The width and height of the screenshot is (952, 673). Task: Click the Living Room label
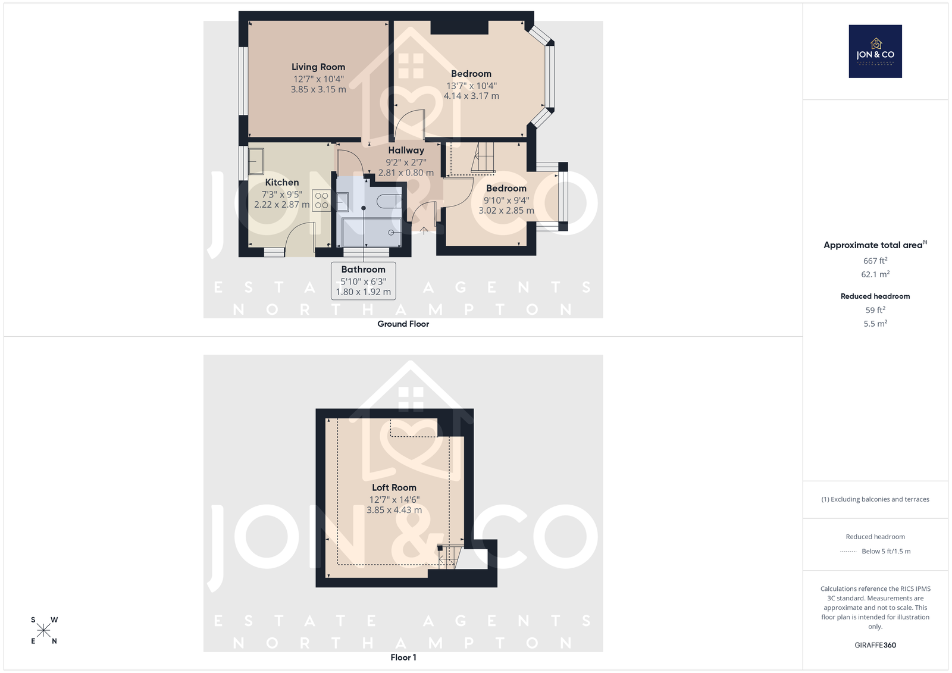pyautogui.click(x=318, y=67)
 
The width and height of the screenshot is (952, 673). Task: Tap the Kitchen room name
pyautogui.click(x=282, y=183)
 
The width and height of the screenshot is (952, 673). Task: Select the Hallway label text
pyautogui.click(x=406, y=150)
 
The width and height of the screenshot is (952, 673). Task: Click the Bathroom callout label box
pyautogui.click(x=364, y=281)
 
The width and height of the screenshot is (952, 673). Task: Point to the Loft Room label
pyautogui.click(x=394, y=487)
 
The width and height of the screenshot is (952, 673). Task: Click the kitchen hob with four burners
pyautogui.click(x=322, y=201)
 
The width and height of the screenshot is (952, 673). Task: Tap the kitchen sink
pyautogui.click(x=256, y=161)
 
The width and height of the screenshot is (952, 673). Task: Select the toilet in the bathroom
pyautogui.click(x=389, y=201)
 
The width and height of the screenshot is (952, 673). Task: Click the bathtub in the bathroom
pyautogui.click(x=371, y=232)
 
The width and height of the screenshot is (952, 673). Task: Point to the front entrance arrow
pyautogui.click(x=424, y=230)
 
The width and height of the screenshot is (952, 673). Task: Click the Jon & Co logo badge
pyautogui.click(x=875, y=51)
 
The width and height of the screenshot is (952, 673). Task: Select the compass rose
pyautogui.click(x=44, y=630)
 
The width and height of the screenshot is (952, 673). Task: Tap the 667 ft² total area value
pyautogui.click(x=875, y=261)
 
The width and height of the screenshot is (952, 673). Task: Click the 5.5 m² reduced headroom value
pyautogui.click(x=875, y=324)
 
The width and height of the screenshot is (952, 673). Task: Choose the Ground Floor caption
pyautogui.click(x=403, y=324)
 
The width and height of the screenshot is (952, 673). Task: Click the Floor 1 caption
pyautogui.click(x=403, y=658)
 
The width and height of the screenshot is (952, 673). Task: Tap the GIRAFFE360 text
pyautogui.click(x=875, y=645)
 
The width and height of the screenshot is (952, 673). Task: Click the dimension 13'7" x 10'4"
pyautogui.click(x=471, y=86)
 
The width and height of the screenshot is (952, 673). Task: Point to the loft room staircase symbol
pyautogui.click(x=450, y=557)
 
